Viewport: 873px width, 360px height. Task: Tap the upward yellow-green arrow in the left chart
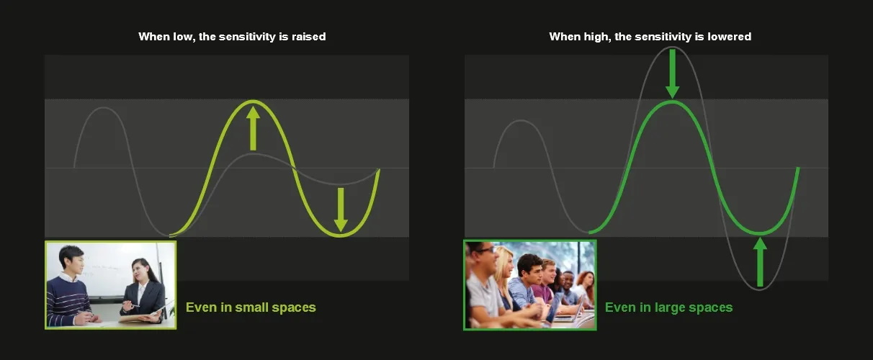(x=253, y=128)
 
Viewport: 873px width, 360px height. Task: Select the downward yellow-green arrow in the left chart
(x=341, y=210)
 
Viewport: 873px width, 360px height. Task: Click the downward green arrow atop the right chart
(x=672, y=73)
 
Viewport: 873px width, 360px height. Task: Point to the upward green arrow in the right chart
(x=760, y=262)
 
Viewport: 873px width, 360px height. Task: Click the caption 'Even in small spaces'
(x=251, y=307)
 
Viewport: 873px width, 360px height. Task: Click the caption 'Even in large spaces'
(x=668, y=307)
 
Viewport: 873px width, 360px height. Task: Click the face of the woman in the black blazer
(x=138, y=271)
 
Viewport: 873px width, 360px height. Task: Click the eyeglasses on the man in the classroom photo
(x=485, y=250)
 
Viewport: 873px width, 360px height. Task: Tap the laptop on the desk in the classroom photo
(x=573, y=312)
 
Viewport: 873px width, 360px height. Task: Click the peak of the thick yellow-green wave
(x=253, y=102)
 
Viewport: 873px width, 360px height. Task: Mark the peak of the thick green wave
(x=672, y=102)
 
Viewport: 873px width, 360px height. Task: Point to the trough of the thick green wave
(x=760, y=233)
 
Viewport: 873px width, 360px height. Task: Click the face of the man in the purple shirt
(x=550, y=272)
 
